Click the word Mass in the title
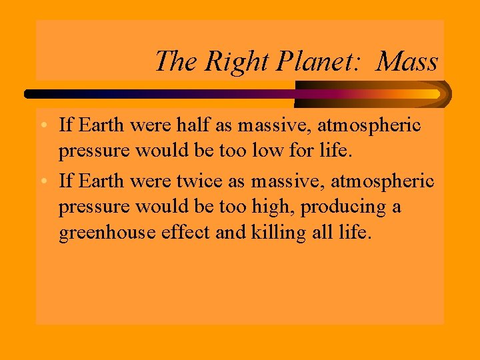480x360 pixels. [407, 61]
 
